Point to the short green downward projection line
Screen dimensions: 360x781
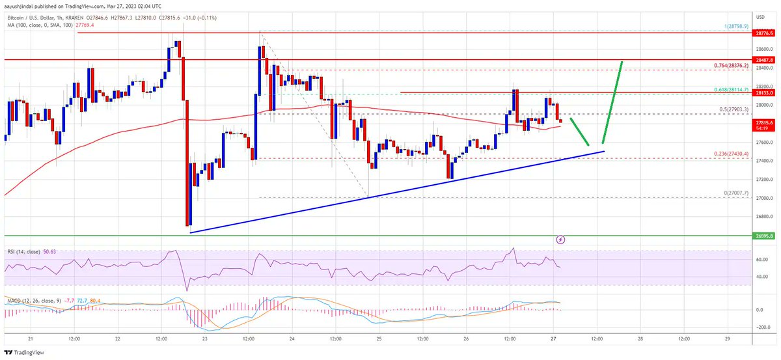pos(580,132)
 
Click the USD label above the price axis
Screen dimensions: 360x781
pos(760,16)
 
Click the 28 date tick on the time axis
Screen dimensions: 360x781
pos(640,339)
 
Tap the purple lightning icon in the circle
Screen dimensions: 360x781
pos(561,240)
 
